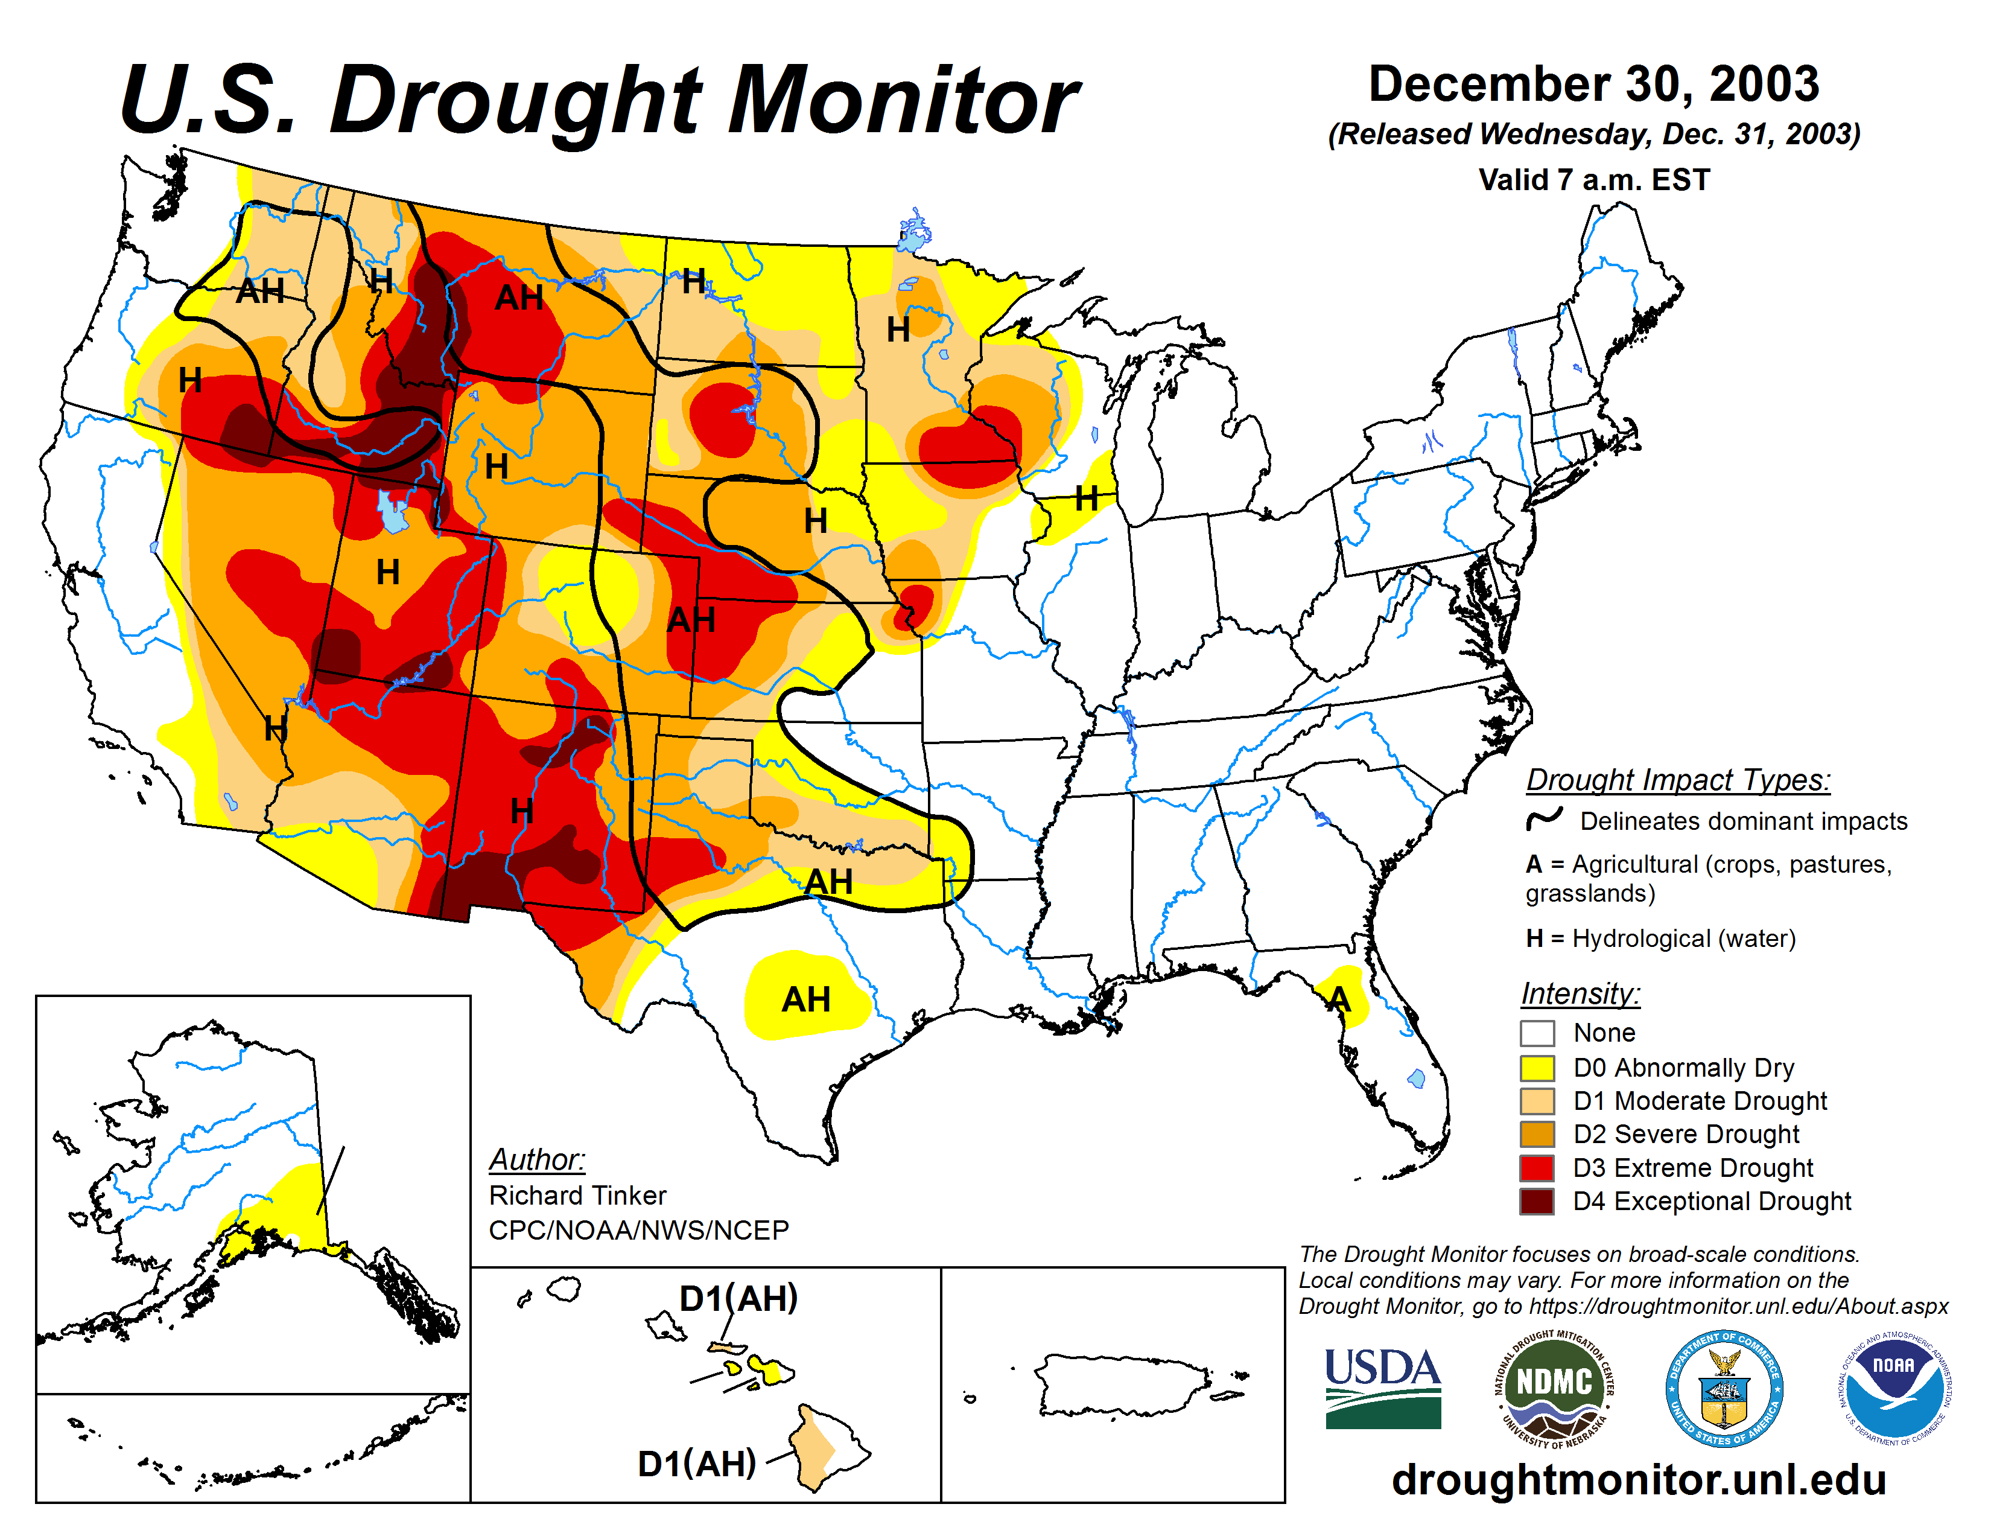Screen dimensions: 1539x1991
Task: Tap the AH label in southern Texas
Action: click(x=806, y=999)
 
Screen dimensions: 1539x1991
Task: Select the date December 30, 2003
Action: click(x=1593, y=84)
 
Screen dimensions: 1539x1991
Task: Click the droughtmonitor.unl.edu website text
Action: click(x=1638, y=1479)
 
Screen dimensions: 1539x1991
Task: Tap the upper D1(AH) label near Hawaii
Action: click(x=738, y=1298)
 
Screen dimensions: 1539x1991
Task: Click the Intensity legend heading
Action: click(x=1580, y=993)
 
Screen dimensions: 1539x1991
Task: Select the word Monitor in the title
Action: click(x=903, y=100)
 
